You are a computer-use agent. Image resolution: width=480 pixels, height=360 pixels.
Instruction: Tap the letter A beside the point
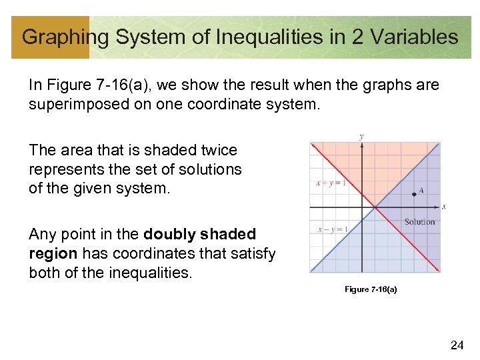421,190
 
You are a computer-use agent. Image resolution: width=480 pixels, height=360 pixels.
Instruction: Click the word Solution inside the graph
419,222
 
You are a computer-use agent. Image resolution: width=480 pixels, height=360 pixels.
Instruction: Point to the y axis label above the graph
361,137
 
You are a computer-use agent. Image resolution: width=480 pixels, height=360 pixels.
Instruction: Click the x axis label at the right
444,207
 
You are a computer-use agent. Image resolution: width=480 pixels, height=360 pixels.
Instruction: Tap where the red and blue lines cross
375,207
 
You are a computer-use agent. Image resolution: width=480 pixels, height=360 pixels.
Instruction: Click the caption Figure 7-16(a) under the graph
371,289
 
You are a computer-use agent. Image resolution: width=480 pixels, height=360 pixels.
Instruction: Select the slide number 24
457,345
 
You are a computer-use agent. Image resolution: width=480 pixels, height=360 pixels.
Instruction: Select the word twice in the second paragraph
217,151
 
